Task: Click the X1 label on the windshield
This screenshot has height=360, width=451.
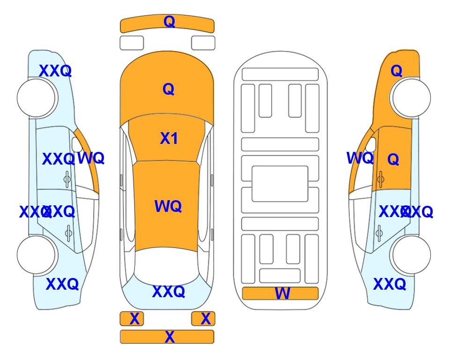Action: click(x=169, y=138)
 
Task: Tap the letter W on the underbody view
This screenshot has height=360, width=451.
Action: click(x=282, y=294)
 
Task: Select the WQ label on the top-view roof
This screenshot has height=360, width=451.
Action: click(x=168, y=206)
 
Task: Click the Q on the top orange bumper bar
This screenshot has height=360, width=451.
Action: click(x=169, y=22)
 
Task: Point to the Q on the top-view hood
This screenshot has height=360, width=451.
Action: click(x=168, y=89)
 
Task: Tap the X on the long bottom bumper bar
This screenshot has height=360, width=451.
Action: click(x=170, y=337)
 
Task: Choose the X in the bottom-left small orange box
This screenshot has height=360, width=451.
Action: click(x=134, y=319)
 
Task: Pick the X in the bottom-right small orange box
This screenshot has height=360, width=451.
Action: click(x=206, y=319)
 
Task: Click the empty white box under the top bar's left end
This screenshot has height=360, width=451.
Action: click(x=132, y=43)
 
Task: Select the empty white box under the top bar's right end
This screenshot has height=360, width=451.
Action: click(x=203, y=43)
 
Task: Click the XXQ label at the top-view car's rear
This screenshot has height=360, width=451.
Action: click(x=169, y=292)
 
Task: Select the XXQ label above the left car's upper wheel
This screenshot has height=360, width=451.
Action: click(x=55, y=71)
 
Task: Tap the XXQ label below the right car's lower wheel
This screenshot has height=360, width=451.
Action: click(x=389, y=284)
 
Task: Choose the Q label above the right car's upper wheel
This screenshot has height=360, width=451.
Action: click(x=396, y=71)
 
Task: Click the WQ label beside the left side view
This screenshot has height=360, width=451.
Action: click(x=91, y=158)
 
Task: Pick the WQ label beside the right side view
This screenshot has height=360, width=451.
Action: click(x=360, y=158)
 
